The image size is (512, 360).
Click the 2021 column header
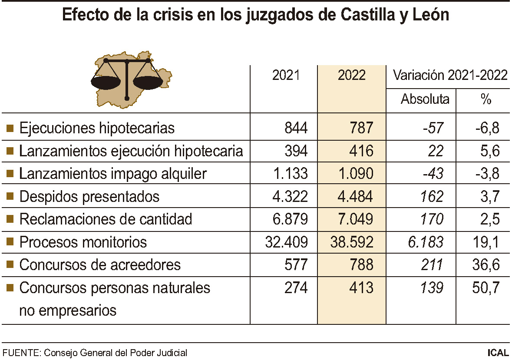click(286, 75)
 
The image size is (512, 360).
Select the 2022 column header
click(352, 75)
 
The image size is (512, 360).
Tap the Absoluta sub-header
click(425, 99)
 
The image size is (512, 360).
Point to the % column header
click(486, 99)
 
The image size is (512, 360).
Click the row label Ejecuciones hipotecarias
click(97, 128)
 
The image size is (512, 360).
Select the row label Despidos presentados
click(89, 197)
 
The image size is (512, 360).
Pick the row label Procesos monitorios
click(83, 242)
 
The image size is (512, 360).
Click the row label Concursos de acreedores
click(100, 265)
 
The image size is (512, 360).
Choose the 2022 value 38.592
click(352, 242)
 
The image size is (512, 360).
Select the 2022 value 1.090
click(355, 174)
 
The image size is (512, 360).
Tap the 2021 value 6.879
click(290, 219)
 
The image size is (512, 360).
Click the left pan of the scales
click(106, 81)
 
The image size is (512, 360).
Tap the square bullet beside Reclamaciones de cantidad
click(10, 219)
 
